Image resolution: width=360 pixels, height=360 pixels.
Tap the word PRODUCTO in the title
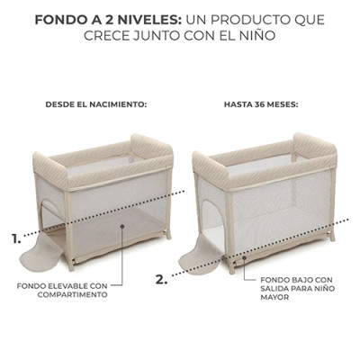248,20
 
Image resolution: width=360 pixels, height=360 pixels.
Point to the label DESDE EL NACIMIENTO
96,105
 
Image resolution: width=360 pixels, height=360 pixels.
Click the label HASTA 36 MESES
261,105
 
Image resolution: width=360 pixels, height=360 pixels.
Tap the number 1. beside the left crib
16,238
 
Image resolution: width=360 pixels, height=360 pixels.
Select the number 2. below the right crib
161,280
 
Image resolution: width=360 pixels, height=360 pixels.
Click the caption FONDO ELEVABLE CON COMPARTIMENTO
62,290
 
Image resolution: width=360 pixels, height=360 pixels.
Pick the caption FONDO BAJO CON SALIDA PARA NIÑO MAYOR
298,288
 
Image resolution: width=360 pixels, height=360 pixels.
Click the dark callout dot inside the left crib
122,226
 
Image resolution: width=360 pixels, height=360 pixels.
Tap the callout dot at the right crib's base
245,257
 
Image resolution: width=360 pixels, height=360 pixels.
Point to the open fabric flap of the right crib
201,256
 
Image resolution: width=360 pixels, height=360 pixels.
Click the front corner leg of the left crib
68,231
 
